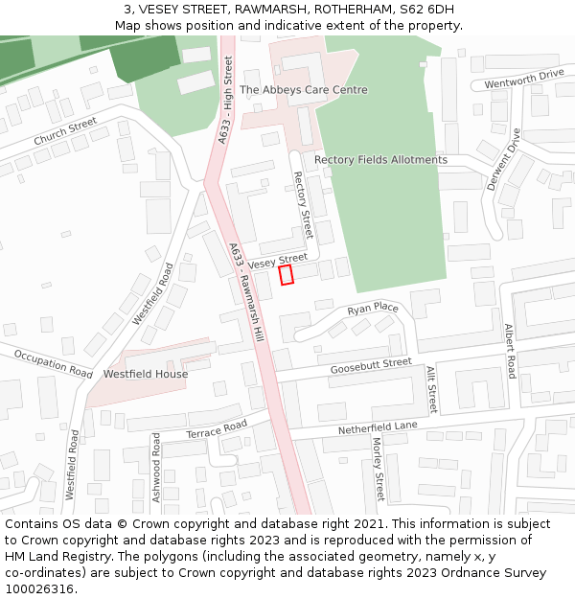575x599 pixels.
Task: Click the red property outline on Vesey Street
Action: (x=286, y=275)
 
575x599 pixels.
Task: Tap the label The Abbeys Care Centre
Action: (x=303, y=90)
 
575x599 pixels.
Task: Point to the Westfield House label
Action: (x=146, y=374)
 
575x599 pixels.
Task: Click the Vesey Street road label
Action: (x=278, y=261)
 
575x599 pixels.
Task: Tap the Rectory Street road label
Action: (x=303, y=205)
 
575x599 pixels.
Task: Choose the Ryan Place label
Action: (x=373, y=309)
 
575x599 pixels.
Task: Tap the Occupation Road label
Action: (x=54, y=364)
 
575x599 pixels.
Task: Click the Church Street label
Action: (x=65, y=132)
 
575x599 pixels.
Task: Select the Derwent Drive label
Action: (x=503, y=159)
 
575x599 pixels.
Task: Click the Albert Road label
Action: (x=510, y=351)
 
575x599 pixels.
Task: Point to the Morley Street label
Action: (x=378, y=469)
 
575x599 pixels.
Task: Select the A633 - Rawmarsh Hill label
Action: (x=246, y=293)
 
